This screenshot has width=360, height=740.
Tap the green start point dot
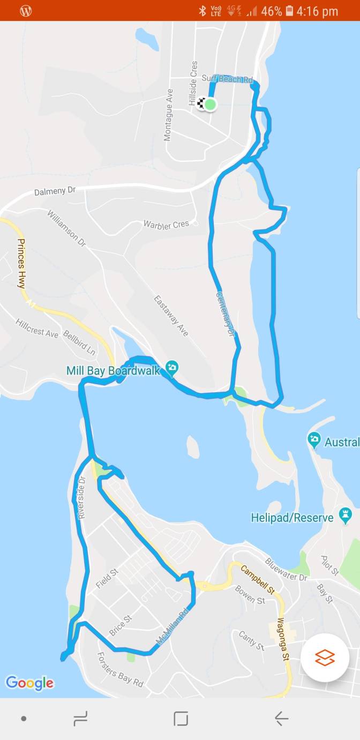point(211,104)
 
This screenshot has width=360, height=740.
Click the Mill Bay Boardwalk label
point(113,370)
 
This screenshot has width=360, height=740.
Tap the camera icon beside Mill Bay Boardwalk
point(172,367)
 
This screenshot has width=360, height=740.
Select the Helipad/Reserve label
point(292,518)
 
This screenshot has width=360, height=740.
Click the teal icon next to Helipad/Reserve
point(346,515)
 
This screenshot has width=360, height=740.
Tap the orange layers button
point(325,657)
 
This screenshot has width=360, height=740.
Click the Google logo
point(29,683)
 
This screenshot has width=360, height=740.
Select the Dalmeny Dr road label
point(56,191)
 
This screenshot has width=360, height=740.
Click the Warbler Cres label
point(166,225)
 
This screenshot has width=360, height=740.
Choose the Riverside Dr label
point(82,497)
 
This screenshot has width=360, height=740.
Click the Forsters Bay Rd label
point(120,669)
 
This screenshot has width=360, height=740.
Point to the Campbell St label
point(257,580)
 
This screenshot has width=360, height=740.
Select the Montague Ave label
point(169,115)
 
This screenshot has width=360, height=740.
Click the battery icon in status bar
point(290,11)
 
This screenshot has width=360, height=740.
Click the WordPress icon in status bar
point(26,11)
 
